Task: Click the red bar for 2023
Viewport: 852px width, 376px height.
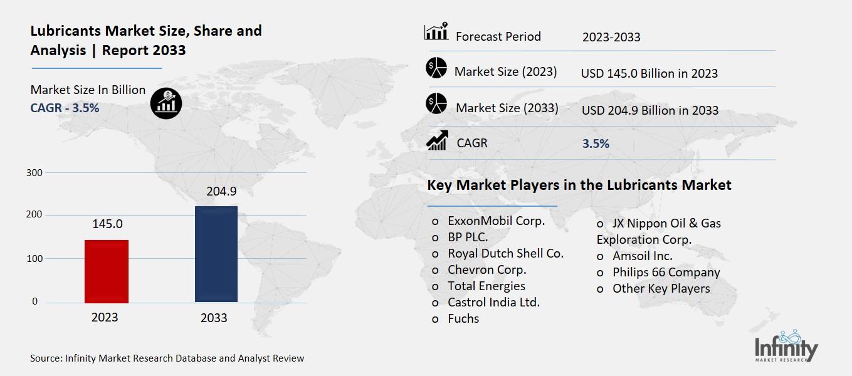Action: [x=107, y=271]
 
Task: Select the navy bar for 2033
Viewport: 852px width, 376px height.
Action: [x=216, y=254]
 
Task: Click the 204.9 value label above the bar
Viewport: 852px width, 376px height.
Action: [x=216, y=192]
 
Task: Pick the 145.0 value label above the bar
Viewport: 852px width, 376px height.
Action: [x=107, y=224]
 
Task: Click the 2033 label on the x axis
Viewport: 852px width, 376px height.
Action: [x=214, y=318]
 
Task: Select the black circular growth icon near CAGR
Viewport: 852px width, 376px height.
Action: [x=166, y=102]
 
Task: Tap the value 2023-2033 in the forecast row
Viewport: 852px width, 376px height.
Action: [x=611, y=37]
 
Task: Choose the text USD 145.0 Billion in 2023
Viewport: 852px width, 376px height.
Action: [x=649, y=73]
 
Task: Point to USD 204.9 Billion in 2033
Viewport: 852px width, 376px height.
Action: [x=650, y=110]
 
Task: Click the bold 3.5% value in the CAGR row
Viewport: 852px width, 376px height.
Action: [x=596, y=144]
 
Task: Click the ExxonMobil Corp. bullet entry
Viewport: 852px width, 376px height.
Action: [x=495, y=221]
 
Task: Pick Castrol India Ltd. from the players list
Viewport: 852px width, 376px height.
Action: [x=493, y=302]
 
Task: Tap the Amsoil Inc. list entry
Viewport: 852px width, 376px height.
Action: [x=642, y=256]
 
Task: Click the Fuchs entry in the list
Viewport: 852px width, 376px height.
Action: [x=463, y=318]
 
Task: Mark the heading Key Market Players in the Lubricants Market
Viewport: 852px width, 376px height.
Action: [x=579, y=185]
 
